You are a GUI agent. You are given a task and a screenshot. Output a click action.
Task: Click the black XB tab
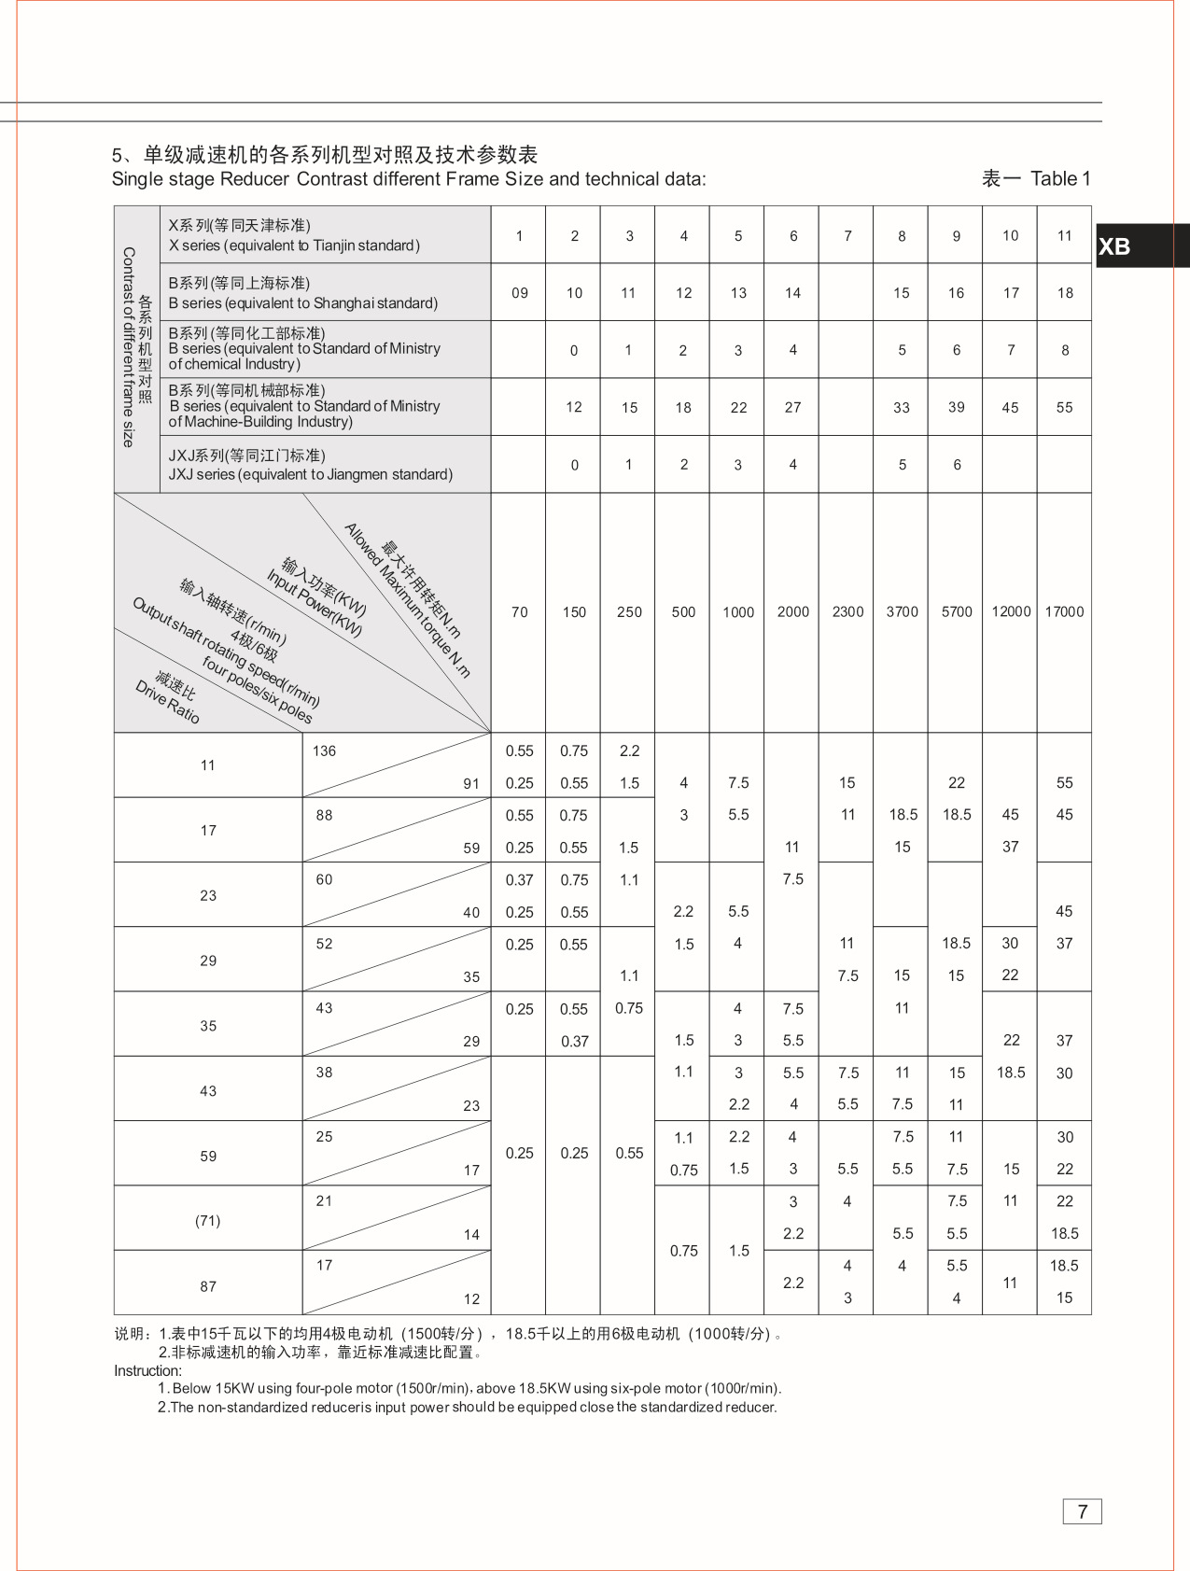(1141, 246)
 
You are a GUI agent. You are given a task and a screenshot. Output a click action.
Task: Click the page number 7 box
(1082, 1511)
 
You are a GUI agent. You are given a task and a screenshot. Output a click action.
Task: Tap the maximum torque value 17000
(1064, 612)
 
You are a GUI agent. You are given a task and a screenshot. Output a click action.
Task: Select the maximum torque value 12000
(1011, 612)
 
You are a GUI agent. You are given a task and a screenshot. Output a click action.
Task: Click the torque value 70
(519, 612)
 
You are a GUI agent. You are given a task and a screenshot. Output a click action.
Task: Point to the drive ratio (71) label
(207, 1221)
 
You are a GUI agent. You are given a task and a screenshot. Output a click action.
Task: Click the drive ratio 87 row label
(207, 1286)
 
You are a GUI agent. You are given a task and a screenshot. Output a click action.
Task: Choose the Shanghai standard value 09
(520, 293)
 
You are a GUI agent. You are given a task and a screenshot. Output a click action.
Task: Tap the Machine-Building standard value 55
(1064, 408)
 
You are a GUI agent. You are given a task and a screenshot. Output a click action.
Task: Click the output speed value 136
(324, 751)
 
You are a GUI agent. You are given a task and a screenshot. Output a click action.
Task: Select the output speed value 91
(471, 784)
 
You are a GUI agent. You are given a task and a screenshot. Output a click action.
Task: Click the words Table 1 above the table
(1060, 179)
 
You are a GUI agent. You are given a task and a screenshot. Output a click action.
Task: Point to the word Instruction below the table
(147, 1371)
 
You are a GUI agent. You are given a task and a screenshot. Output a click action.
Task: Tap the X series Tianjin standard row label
(294, 235)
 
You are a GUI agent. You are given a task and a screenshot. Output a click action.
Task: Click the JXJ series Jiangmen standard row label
(310, 465)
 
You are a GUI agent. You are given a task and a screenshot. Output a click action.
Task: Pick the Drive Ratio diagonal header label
(168, 701)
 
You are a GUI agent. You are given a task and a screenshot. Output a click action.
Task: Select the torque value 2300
(847, 612)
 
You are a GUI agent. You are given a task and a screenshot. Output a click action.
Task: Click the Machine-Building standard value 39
(956, 408)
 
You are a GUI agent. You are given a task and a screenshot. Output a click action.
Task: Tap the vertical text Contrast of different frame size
(129, 347)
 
